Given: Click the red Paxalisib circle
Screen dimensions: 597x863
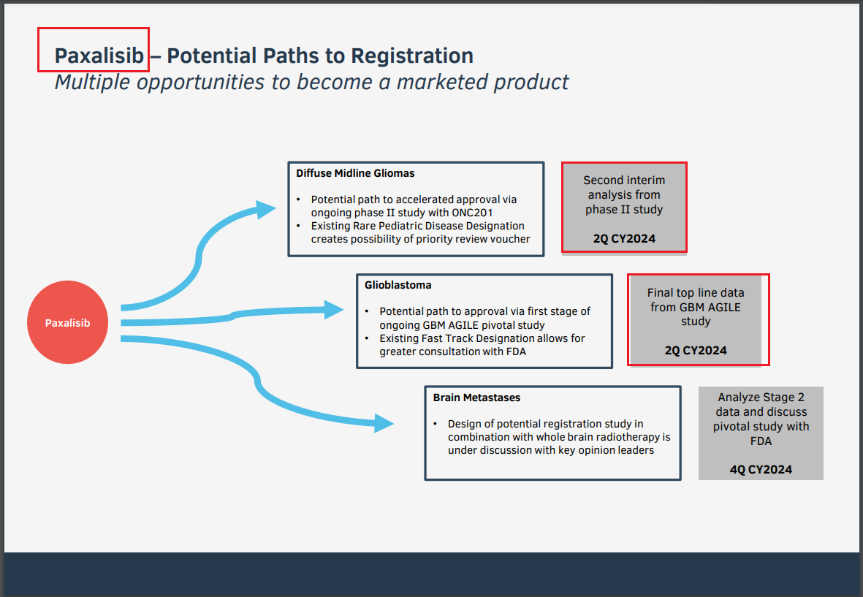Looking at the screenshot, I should [x=67, y=322].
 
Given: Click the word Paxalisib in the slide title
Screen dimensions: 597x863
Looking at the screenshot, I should [x=99, y=56].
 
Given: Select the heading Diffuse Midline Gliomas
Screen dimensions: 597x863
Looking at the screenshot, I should [x=355, y=173].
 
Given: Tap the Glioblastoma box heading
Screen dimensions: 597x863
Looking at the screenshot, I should [x=398, y=285].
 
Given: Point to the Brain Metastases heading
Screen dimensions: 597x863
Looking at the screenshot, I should [x=476, y=398].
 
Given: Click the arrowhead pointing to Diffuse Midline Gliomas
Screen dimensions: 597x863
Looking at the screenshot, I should [x=265, y=210].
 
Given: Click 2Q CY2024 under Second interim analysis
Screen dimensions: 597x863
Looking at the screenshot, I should [x=624, y=238].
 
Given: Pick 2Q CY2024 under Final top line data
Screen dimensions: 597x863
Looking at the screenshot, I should [x=696, y=350].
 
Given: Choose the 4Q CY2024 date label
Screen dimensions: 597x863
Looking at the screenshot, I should [x=761, y=469].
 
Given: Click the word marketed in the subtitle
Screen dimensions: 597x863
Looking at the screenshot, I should [x=443, y=82].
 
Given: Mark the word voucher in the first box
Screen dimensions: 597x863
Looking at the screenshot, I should [x=511, y=239].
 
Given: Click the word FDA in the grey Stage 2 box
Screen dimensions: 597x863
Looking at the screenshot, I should [x=761, y=441].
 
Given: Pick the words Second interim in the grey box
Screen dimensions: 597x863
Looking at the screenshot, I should [x=624, y=180].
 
